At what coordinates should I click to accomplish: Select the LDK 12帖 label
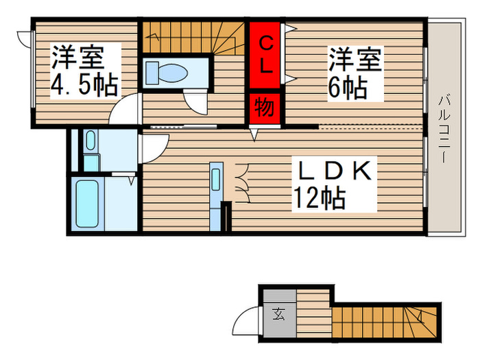coord(333,184)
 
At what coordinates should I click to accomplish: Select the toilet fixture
coord(167,72)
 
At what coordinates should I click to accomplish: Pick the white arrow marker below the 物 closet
coord(254,138)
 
